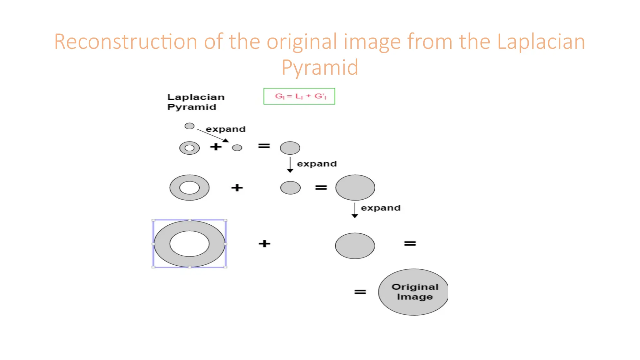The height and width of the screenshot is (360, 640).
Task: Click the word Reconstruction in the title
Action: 125,42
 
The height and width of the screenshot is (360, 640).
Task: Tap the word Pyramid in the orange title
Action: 320,67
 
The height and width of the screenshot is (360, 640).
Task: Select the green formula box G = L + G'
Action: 299,96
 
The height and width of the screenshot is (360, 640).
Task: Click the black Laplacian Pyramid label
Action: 196,102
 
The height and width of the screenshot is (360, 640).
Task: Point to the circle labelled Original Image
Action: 413,292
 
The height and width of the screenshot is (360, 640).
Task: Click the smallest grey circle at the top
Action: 189,126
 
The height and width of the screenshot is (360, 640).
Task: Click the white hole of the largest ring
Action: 189,243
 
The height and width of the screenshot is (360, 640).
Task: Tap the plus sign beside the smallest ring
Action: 216,147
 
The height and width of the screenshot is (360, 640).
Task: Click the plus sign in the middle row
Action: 237,187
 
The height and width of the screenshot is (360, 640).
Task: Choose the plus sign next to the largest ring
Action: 264,243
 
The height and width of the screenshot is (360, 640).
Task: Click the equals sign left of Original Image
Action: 360,292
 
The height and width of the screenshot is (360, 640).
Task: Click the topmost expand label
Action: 226,129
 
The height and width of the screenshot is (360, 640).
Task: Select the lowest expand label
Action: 381,208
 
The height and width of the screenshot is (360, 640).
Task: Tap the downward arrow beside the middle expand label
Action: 290,165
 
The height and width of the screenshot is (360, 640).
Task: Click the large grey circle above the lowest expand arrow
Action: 355,187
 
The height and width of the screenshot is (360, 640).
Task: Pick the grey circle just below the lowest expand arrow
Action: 355,246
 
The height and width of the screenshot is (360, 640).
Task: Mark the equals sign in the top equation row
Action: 264,146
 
